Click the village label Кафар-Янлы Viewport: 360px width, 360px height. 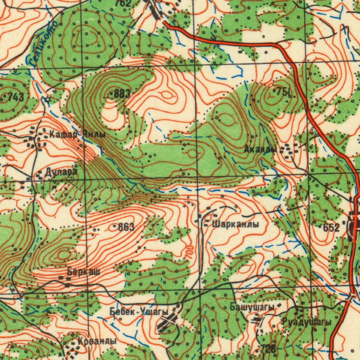(77, 134)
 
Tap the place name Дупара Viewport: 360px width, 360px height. (60, 172)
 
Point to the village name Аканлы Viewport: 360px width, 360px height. (260, 149)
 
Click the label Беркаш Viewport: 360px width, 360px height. (83, 271)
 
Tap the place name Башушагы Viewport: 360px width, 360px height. (252, 307)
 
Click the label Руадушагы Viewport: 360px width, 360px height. (306, 322)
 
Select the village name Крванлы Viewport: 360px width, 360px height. (97, 341)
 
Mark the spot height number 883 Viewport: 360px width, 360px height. (122, 94)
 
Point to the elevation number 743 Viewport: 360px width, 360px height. (16, 97)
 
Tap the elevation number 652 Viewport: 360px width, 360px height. (331, 227)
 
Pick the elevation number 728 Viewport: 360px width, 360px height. (268, 349)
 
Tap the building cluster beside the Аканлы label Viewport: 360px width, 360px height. (291, 150)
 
